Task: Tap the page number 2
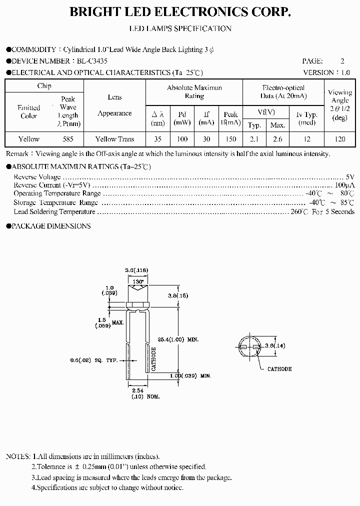[x=342, y=61]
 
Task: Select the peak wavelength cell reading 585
[x=67, y=139]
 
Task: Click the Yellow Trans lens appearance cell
[x=114, y=139]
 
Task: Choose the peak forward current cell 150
[x=230, y=139]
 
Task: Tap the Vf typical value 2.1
[x=254, y=139]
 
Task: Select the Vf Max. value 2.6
[x=277, y=139]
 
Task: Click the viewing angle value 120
[x=339, y=139]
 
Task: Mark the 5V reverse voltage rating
[x=350, y=177]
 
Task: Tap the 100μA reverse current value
[x=345, y=185]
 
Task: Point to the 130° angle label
[x=138, y=282]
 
